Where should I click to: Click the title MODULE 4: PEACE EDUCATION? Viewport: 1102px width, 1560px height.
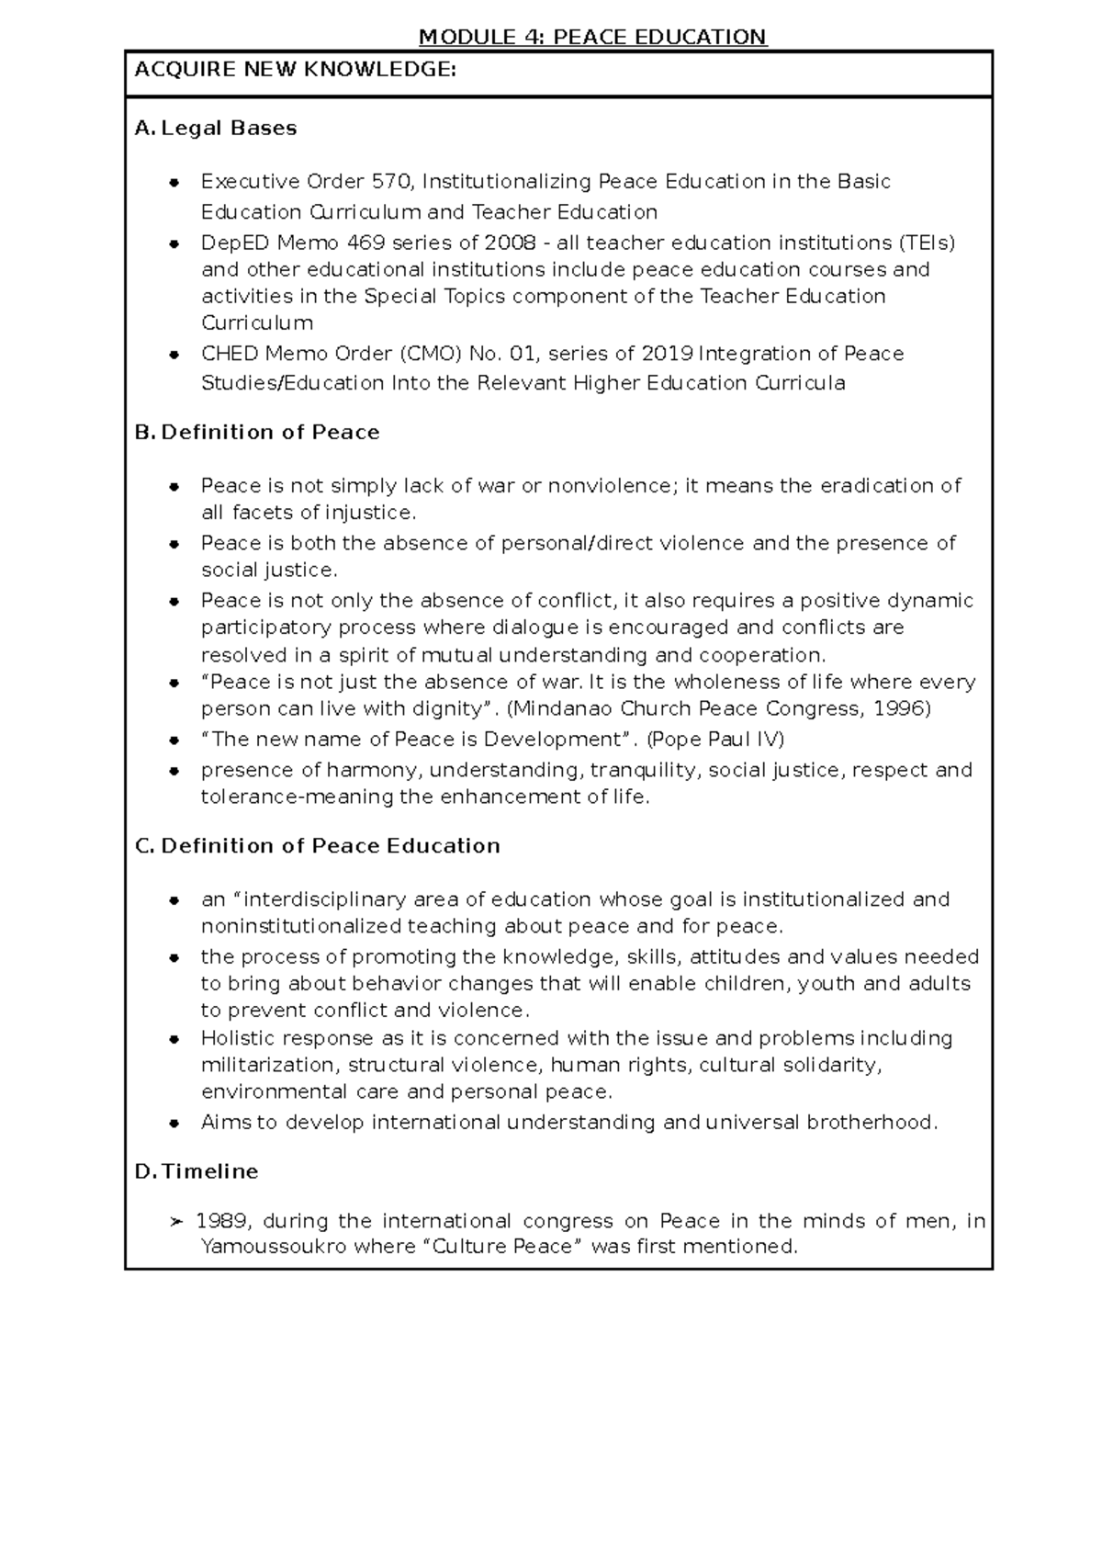click(x=592, y=37)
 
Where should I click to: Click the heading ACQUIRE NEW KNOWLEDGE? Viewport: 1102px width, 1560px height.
click(x=295, y=69)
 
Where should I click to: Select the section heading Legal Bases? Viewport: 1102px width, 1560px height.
click(x=229, y=129)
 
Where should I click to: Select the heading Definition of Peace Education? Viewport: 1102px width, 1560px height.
click(x=331, y=846)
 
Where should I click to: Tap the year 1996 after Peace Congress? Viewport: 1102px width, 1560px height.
click(x=901, y=708)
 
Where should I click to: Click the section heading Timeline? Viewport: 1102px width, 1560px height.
click(x=209, y=1172)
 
